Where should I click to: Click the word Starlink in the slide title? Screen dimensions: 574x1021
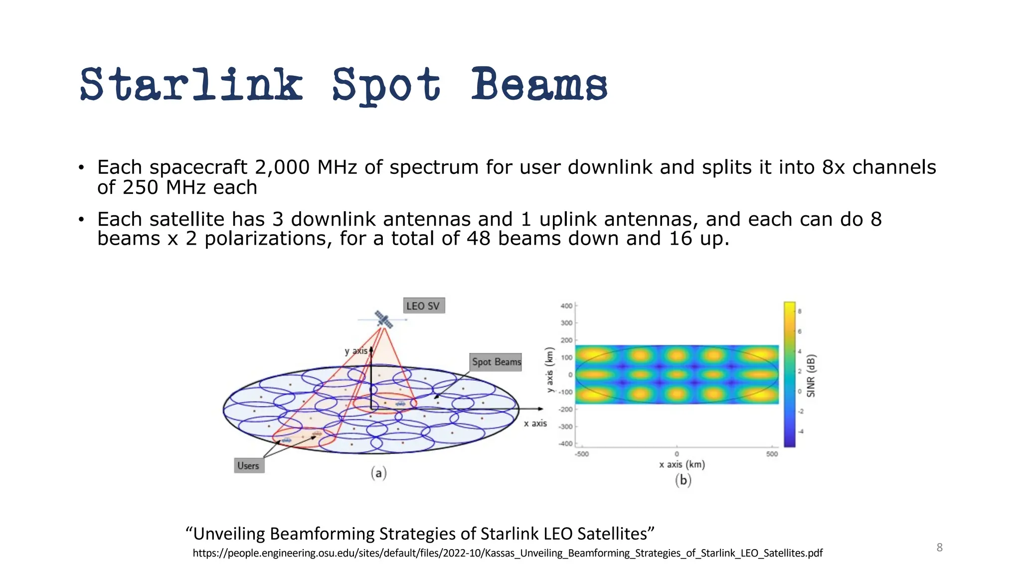tap(191, 85)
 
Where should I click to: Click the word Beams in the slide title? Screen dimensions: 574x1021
tap(539, 85)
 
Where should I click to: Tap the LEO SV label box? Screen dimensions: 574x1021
tap(423, 306)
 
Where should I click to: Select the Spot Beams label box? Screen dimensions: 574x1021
tap(496, 362)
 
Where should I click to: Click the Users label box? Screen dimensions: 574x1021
tap(248, 466)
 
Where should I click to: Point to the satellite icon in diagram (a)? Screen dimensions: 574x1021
tap(383, 319)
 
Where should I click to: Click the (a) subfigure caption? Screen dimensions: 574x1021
tap(378, 473)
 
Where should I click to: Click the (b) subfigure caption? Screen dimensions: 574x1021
tap(682, 480)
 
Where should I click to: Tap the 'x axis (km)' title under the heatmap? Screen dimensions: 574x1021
tap(681, 464)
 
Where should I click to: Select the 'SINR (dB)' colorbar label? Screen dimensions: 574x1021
tap(811, 376)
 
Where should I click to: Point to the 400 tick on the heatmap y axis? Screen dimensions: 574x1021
tap(566, 306)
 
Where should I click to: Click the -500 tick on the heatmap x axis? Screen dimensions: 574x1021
tap(581, 454)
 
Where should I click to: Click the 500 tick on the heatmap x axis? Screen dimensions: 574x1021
tap(772, 454)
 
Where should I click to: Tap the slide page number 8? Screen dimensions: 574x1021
tap(939, 548)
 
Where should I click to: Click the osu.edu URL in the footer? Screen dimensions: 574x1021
tap(508, 553)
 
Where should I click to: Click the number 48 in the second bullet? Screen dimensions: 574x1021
tap(479, 239)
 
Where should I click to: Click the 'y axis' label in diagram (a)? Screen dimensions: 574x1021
tap(356, 351)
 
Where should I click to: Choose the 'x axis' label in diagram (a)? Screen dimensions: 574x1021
tap(535, 424)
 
